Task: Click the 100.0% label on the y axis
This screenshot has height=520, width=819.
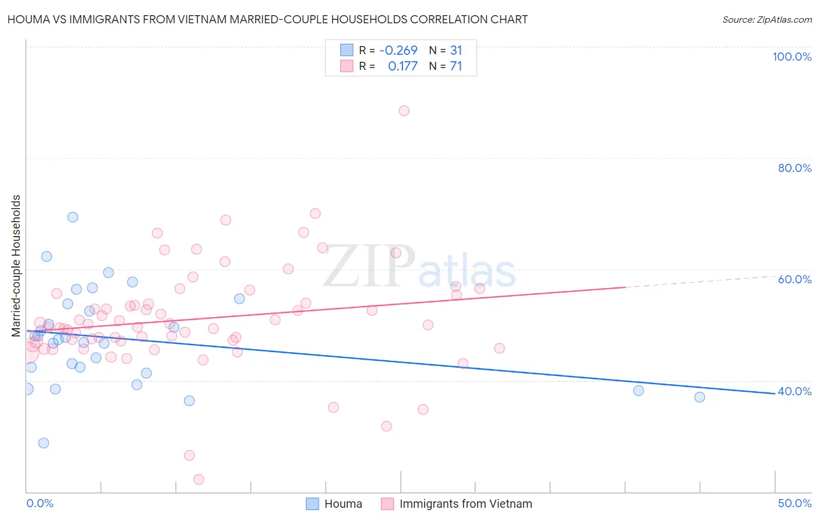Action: [792, 57]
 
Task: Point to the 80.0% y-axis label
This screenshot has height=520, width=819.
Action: [795, 168]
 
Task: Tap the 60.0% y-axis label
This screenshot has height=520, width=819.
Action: [795, 279]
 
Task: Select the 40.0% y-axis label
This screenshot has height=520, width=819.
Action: [795, 391]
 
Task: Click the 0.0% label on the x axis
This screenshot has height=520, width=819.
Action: [40, 503]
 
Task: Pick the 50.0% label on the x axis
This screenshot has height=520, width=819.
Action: [795, 503]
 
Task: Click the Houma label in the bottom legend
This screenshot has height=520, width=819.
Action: [343, 504]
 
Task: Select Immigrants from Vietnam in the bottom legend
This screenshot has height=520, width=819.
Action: [465, 504]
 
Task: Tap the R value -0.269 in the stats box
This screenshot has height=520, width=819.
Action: [398, 51]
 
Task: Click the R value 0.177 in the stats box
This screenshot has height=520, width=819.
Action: [403, 66]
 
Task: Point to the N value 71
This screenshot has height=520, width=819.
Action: [456, 66]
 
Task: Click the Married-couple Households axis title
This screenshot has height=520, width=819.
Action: [16, 266]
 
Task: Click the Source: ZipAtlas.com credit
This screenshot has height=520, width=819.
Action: [767, 20]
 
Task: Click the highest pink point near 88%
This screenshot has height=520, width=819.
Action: [404, 111]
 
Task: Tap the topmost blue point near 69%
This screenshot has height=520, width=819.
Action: [73, 217]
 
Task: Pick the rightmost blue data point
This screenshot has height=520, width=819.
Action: [700, 397]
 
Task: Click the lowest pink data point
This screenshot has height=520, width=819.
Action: [199, 479]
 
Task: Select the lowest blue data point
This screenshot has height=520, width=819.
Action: [44, 443]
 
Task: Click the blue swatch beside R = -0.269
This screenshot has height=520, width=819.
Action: [347, 51]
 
